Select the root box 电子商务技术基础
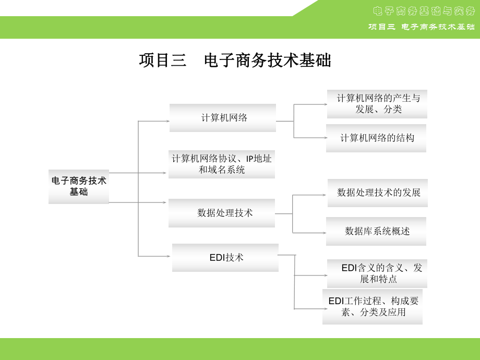pos(79,186)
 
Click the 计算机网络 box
pos(223,118)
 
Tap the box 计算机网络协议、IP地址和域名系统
pos(221,164)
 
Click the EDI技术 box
pos(225,257)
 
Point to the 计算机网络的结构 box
pos(376,138)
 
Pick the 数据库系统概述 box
pos(376,231)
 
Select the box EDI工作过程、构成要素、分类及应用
pos(373,307)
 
